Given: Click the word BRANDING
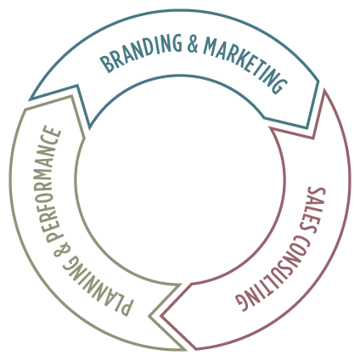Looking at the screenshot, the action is [141, 52].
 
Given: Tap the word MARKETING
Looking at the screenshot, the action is [245, 64].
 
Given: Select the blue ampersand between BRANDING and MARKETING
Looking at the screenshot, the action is [193, 44].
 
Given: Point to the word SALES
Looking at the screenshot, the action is [312, 210].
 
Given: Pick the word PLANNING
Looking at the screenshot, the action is [95, 286].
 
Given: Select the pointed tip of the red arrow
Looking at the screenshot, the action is [161, 316].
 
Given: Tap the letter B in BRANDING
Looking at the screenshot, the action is [107, 65].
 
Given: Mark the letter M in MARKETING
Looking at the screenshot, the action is [211, 46].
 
